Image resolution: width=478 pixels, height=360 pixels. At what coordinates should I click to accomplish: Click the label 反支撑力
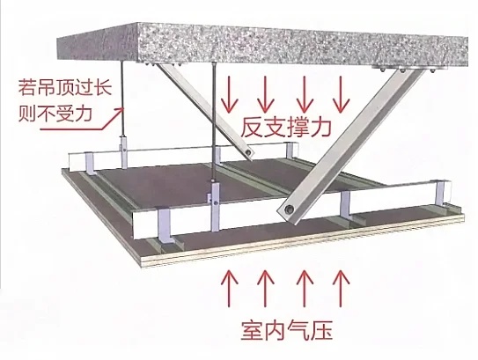tap(285, 128)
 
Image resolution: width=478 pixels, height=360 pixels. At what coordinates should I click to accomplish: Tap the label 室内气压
tap(286, 330)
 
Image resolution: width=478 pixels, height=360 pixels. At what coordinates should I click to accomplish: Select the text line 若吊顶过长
tap(65, 87)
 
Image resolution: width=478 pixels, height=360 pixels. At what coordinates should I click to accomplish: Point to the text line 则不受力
tap(55, 114)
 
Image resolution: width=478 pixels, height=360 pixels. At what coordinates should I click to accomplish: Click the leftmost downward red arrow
tap(229, 93)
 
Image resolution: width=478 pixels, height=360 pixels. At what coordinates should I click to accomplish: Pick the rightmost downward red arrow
tap(341, 93)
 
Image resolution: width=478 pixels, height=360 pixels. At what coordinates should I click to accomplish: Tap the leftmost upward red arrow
tap(229, 289)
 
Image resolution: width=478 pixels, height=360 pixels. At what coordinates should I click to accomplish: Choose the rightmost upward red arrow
tap(341, 289)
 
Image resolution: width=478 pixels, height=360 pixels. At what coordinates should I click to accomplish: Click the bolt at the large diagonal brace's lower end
tap(288, 209)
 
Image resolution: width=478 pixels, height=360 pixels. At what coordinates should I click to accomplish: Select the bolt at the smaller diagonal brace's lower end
tap(249, 151)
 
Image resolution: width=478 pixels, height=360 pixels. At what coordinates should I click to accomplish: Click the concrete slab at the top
tap(262, 46)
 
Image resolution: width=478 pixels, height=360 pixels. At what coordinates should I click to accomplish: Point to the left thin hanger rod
tap(122, 99)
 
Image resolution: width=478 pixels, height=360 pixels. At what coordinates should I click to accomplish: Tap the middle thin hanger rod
tap(214, 122)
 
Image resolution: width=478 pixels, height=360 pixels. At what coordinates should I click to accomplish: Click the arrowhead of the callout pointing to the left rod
tap(122, 109)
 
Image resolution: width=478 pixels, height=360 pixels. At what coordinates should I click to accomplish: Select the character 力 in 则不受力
tap(83, 114)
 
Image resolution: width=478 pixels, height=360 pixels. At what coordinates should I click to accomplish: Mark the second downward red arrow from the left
tap(265, 93)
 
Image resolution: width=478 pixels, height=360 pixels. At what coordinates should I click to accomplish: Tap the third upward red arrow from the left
tap(305, 289)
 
